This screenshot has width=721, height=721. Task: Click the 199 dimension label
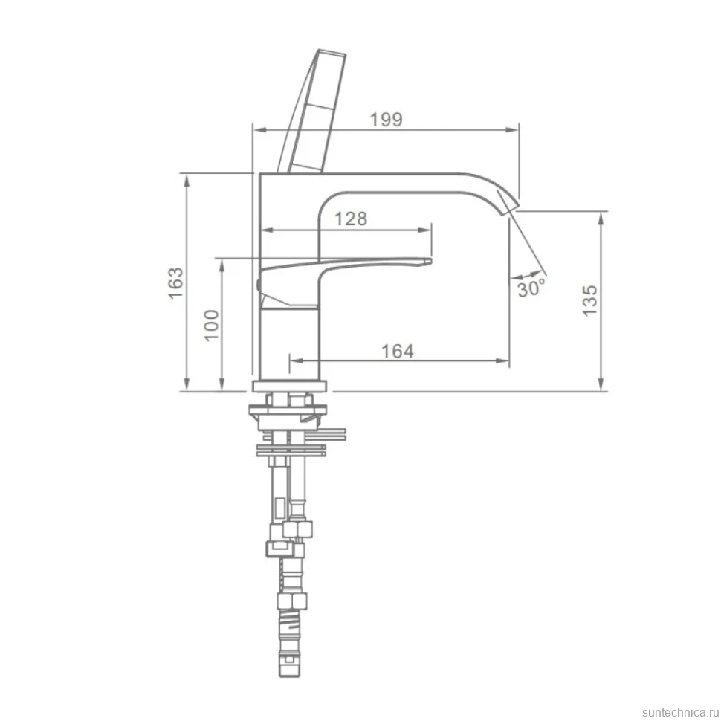pyautogui.click(x=387, y=120)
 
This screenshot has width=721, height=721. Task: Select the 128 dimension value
pyautogui.click(x=351, y=219)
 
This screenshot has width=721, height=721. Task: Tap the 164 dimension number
pyautogui.click(x=398, y=352)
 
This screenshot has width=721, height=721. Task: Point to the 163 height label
pyautogui.click(x=175, y=282)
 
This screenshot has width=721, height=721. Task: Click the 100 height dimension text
pyautogui.click(x=212, y=325)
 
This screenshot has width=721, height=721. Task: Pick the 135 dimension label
pyautogui.click(x=590, y=300)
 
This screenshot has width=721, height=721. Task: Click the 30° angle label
pyautogui.click(x=531, y=288)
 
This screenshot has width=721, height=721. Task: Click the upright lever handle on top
pyautogui.click(x=312, y=111)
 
